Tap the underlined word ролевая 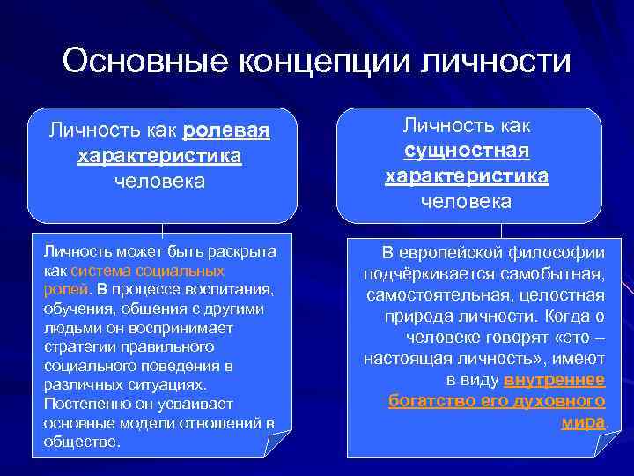[x=226, y=131]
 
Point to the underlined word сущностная [x=467, y=151]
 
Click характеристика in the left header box [x=159, y=156]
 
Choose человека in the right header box [x=467, y=202]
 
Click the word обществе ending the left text [x=80, y=442]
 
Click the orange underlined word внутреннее [x=554, y=380]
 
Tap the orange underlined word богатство [x=427, y=401]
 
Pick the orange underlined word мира [x=583, y=422]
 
